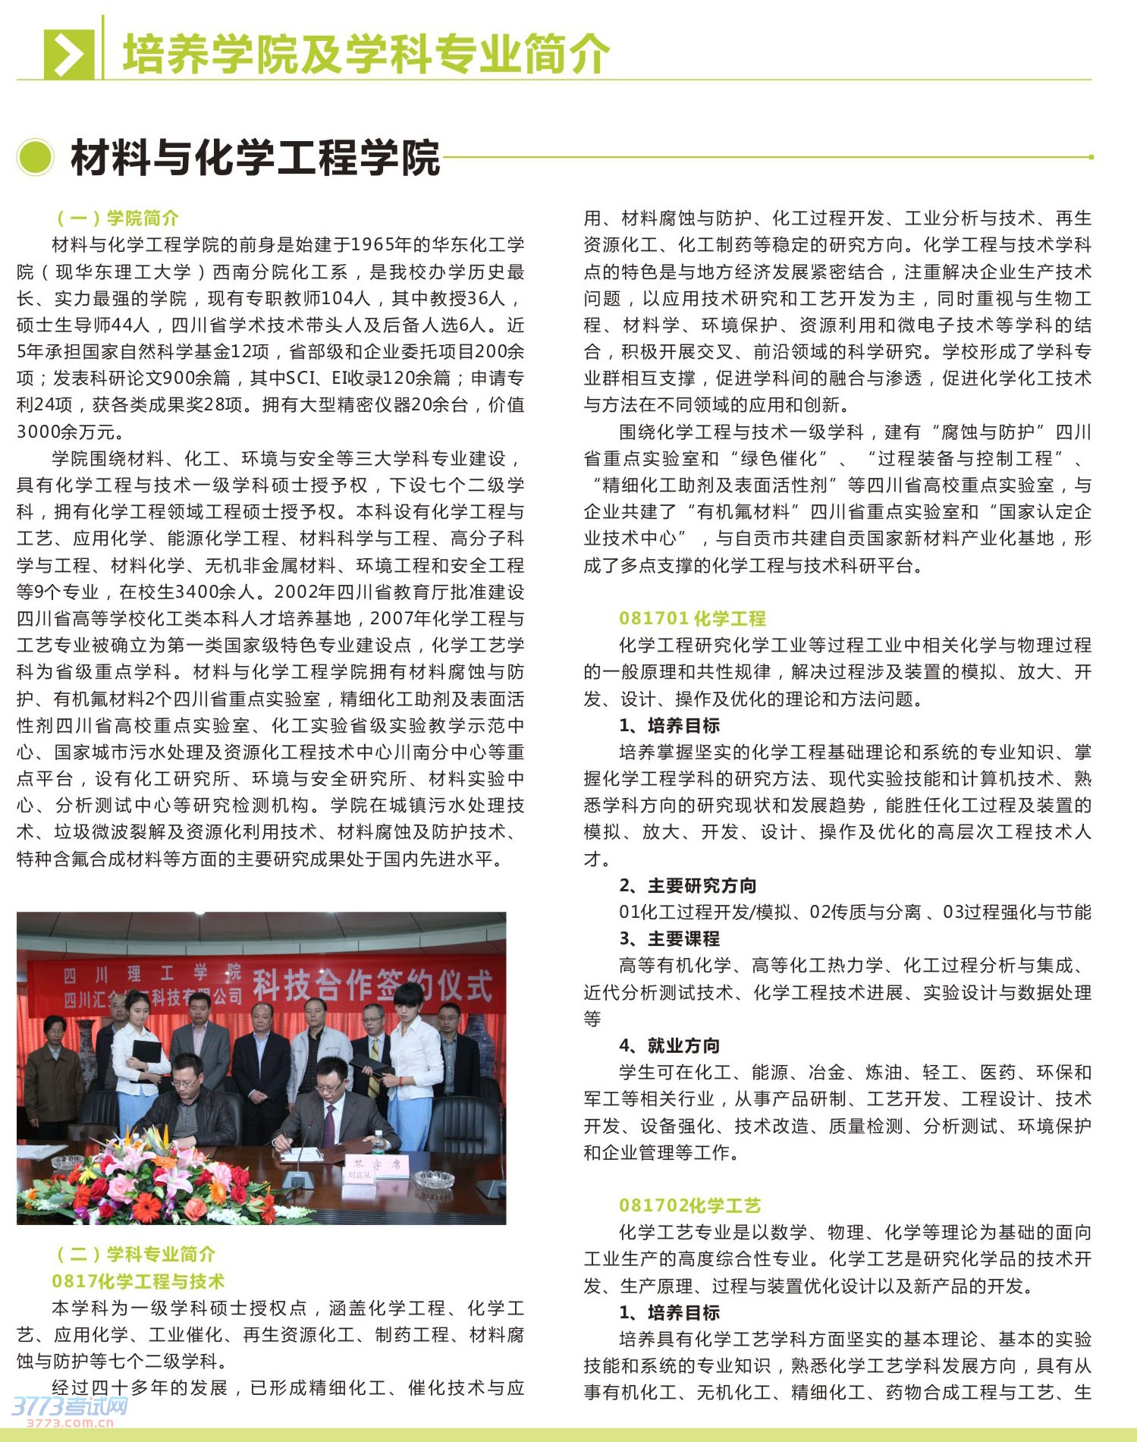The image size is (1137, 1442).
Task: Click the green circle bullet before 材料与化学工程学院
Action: [x=35, y=158]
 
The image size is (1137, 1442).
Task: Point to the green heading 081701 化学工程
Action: [x=692, y=618]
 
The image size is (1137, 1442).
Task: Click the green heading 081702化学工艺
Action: [x=689, y=1205]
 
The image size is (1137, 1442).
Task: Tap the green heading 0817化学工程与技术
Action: [x=138, y=1281]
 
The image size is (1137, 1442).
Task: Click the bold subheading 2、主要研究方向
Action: [x=687, y=885]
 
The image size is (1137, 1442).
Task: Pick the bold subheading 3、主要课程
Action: [x=669, y=938]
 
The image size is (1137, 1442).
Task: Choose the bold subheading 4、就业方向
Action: [x=669, y=1045]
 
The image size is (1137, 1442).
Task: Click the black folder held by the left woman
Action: [x=146, y=1054]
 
